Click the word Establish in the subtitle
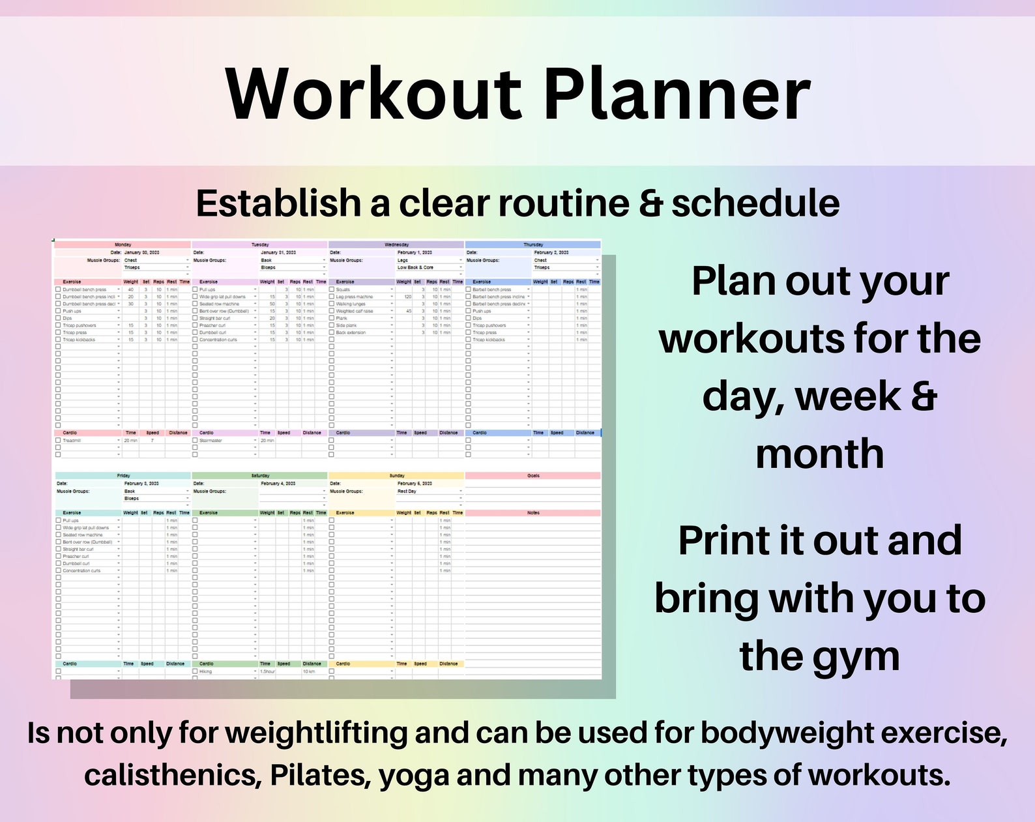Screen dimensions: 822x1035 [x=278, y=203]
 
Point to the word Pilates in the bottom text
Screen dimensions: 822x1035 [x=320, y=775]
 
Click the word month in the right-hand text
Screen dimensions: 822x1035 [x=819, y=454]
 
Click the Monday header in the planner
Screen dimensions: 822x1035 [x=123, y=244]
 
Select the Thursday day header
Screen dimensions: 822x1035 [x=532, y=244]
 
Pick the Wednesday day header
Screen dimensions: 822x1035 [x=396, y=244]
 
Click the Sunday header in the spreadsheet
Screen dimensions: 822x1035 [x=396, y=476]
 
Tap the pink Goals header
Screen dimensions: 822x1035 [x=533, y=476]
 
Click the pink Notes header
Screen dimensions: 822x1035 [x=533, y=513]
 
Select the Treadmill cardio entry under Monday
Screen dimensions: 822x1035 [x=72, y=441]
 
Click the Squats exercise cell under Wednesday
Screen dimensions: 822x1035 [x=343, y=289]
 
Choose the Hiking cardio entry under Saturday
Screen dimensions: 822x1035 [x=206, y=671]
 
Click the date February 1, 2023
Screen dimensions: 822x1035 [x=415, y=252]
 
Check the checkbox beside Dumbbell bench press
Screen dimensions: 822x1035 [x=58, y=289]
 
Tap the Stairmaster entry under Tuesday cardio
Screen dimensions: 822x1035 [x=211, y=441]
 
